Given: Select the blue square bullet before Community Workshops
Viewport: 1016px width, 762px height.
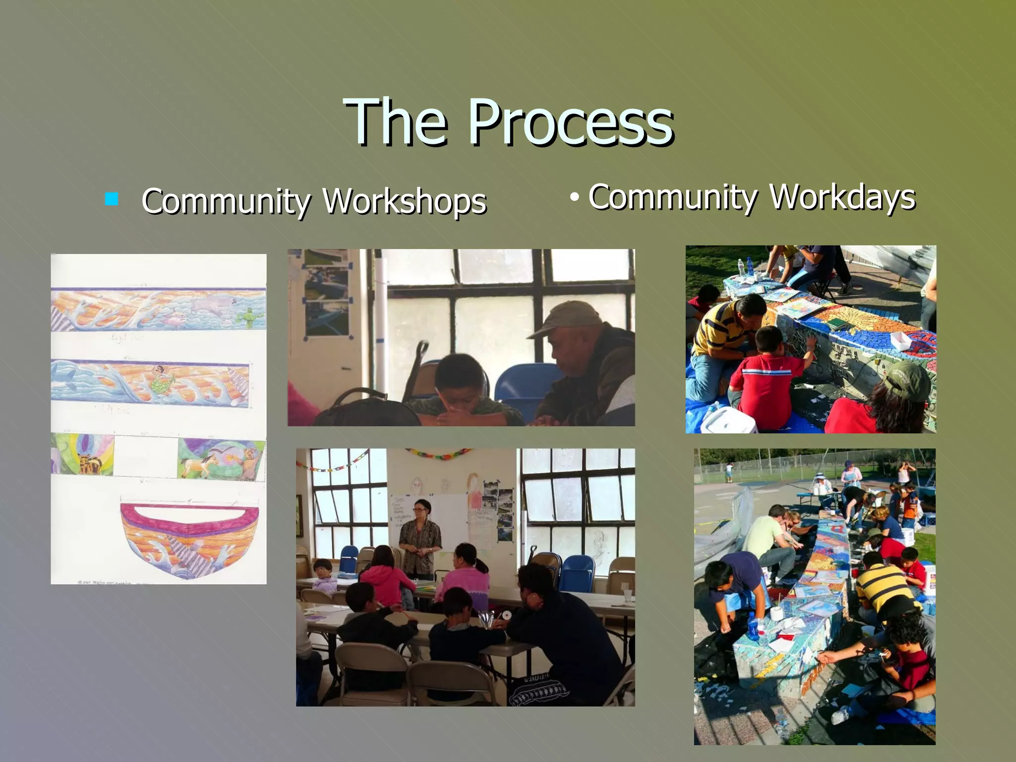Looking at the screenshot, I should [x=112, y=199].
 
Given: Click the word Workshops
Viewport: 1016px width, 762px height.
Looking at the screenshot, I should [x=404, y=201].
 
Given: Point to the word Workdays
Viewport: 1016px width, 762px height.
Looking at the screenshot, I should [x=842, y=197].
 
